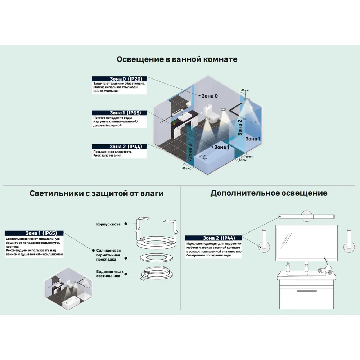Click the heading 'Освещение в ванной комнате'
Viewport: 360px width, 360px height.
point(177,59)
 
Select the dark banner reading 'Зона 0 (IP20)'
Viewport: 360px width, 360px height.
point(119,78)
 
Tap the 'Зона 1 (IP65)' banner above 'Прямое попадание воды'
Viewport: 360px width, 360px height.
point(119,113)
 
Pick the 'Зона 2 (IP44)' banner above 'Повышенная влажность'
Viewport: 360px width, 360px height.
point(119,147)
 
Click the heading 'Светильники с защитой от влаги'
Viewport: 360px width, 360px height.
point(96,193)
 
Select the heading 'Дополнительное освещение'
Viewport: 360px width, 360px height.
point(269,193)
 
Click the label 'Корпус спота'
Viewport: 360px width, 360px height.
point(108,224)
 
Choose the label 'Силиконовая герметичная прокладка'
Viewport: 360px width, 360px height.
point(108,255)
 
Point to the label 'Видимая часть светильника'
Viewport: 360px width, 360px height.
point(108,274)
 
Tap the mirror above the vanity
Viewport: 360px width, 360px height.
point(306,243)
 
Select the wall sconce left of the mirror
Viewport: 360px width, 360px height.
point(264,241)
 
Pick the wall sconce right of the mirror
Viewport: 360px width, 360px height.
point(348,241)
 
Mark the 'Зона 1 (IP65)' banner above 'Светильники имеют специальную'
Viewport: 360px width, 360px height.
point(34,233)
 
